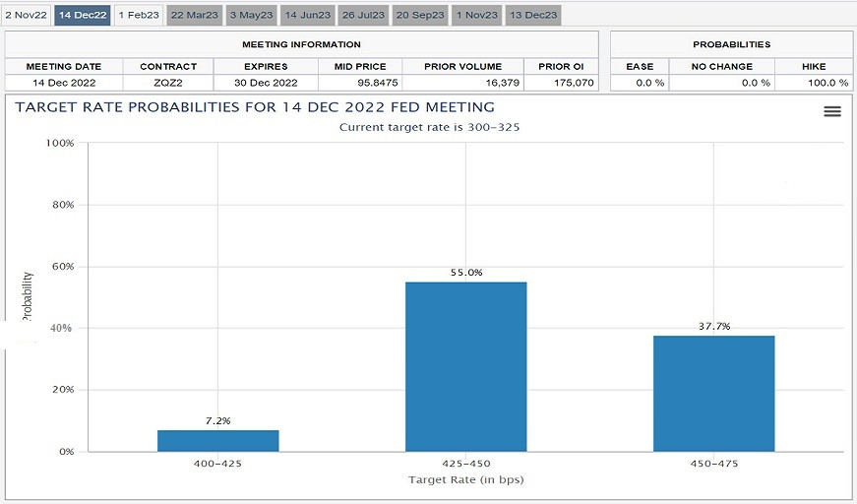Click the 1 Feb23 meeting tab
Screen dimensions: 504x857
138,15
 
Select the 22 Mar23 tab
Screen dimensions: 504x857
195,15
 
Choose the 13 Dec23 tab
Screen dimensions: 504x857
533,15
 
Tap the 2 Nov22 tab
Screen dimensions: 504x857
26,15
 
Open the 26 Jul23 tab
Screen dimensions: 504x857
364,15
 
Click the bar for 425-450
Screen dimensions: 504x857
465,366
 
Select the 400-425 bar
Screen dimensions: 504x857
217,440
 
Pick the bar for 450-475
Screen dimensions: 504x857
713,393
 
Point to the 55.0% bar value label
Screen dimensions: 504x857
465,273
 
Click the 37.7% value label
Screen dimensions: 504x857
713,326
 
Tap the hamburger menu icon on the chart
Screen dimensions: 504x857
832,111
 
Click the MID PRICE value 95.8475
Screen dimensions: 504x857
360,83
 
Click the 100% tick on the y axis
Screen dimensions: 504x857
60,144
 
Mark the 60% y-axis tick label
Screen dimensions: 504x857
63,267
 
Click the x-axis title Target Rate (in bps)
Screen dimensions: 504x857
465,479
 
